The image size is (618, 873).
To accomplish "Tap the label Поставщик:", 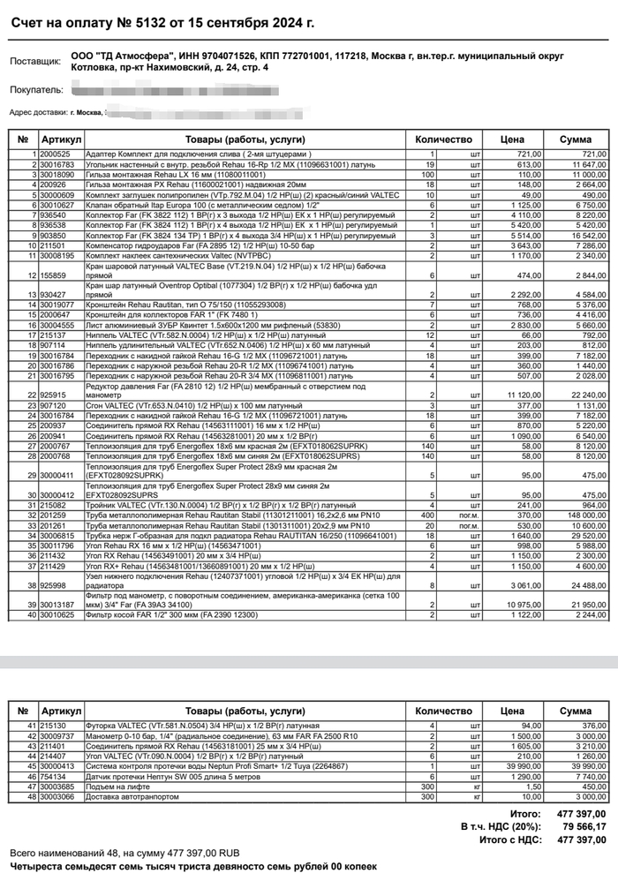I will coord(34,62).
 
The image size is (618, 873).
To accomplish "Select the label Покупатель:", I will coord(36,90).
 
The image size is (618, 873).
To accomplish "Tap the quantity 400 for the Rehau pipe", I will coord(428,514).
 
